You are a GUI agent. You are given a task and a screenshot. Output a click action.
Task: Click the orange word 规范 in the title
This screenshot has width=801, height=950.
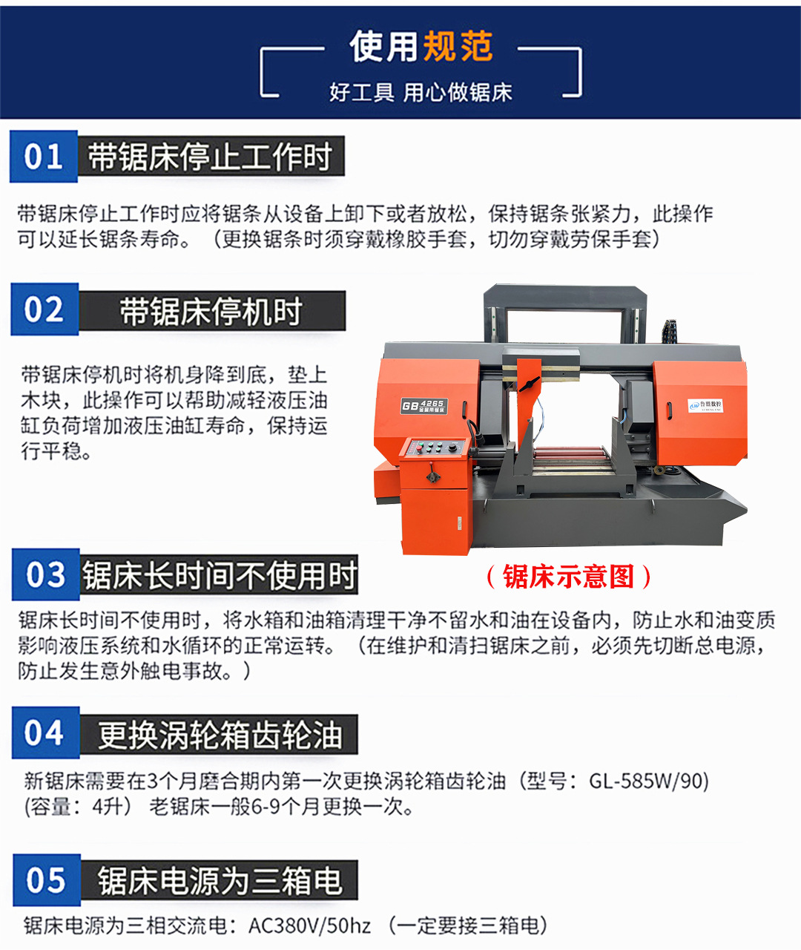click(458, 47)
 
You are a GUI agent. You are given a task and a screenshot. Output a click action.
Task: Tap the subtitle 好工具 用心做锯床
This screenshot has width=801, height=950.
click(421, 93)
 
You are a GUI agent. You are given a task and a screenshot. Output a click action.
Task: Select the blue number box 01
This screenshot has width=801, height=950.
click(44, 157)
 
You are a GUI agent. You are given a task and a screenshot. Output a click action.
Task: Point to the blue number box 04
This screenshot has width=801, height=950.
click(45, 733)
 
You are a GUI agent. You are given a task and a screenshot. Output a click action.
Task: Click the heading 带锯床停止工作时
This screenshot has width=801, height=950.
click(211, 157)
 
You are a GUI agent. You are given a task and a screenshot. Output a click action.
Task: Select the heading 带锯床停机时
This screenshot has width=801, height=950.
click(211, 311)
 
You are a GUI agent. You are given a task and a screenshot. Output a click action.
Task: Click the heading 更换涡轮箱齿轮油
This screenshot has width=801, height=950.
click(220, 736)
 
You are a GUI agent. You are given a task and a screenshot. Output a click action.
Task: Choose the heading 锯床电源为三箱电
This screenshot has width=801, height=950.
click(220, 882)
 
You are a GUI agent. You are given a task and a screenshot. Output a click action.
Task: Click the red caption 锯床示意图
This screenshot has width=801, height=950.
click(568, 577)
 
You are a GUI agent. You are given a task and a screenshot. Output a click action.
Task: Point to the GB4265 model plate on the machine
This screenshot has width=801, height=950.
click(423, 406)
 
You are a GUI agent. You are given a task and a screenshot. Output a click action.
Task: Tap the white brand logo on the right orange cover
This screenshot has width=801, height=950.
click(705, 405)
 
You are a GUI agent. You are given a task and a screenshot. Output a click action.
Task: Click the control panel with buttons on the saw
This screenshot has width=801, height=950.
click(432, 448)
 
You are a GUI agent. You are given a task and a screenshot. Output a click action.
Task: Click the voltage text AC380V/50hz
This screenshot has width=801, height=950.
click(309, 926)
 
